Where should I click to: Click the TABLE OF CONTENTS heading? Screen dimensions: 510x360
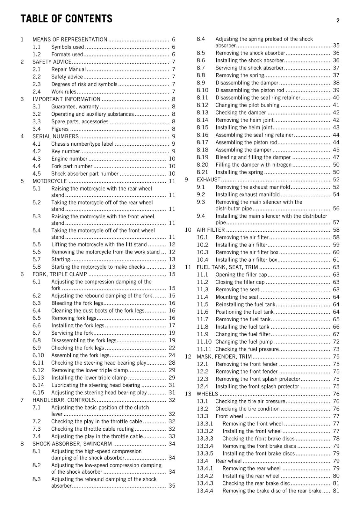click(x=66, y=19)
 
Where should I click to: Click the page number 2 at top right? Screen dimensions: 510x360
click(x=338, y=21)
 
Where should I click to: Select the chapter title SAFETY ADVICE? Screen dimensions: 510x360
click(x=52, y=62)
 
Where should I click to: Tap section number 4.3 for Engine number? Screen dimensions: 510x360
click(x=37, y=159)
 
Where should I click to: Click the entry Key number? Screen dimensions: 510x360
click(x=66, y=151)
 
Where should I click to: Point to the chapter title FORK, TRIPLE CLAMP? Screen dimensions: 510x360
click(x=60, y=274)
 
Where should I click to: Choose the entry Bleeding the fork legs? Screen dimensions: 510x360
click(x=77, y=303)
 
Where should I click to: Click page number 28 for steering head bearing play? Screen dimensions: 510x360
click(x=172, y=363)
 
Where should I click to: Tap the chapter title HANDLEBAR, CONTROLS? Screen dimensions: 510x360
click(x=64, y=400)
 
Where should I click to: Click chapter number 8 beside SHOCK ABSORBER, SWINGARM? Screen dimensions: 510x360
click(x=22, y=444)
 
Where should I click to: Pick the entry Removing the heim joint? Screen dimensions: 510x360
click(x=244, y=120)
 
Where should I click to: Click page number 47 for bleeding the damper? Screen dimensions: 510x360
click(x=336, y=157)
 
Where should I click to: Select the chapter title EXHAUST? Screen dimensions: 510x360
click(x=208, y=180)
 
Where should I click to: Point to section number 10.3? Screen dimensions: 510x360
click(x=202, y=252)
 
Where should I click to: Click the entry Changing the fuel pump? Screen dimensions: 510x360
click(x=244, y=342)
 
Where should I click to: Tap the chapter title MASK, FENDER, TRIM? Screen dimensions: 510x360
click(x=224, y=357)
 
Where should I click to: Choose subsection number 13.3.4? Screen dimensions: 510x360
click(x=205, y=446)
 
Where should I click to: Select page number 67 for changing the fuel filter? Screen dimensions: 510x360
click(x=336, y=334)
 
